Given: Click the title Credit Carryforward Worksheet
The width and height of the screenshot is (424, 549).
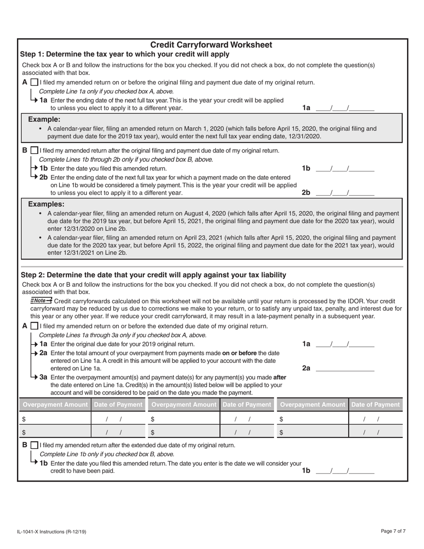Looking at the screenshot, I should [211, 45].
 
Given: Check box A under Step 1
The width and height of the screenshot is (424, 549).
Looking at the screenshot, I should [34, 83].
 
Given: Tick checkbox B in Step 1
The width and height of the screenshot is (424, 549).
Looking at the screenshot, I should [34, 151].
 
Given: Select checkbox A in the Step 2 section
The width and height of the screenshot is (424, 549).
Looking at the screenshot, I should [34, 326].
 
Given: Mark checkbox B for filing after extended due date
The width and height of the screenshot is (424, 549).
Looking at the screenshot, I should [34, 445].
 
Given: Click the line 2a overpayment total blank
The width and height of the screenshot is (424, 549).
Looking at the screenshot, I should [345, 368].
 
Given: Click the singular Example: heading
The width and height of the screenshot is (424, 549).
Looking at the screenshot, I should [44, 120].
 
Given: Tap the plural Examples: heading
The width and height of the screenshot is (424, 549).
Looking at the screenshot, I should [46, 204].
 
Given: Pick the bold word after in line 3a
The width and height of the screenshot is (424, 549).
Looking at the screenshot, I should [279, 377].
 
